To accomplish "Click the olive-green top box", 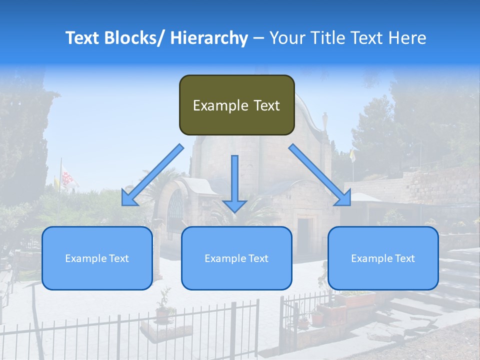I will pos(236,105).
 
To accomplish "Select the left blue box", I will pos(97,258).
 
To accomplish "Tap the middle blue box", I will pos(236,258).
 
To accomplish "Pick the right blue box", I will pos(383,258).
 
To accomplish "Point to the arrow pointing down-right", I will pos(320,175).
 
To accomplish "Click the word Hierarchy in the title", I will pos(208,38).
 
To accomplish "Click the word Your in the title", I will pos(287,38).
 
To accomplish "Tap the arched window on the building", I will pos(175,210).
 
